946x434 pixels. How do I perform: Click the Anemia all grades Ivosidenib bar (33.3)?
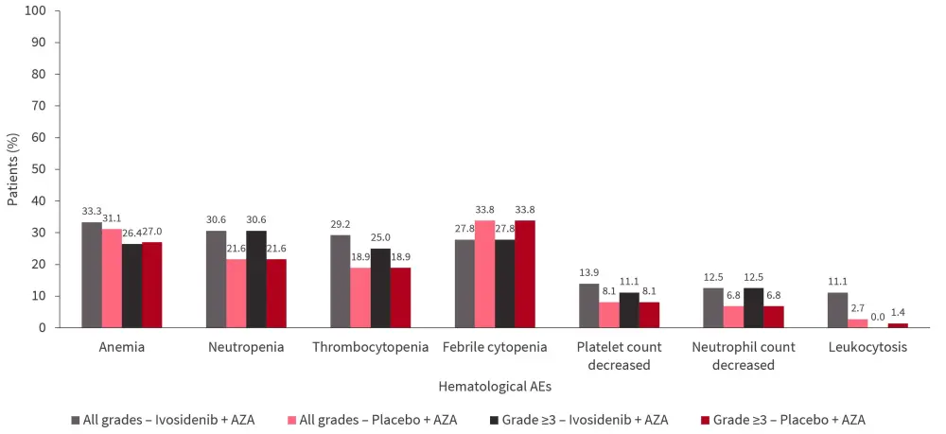click(x=92, y=274)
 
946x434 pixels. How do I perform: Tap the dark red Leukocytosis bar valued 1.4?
click(x=898, y=324)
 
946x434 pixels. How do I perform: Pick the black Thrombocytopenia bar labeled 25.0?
click(x=381, y=287)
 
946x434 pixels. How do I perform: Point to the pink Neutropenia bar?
click(x=236, y=293)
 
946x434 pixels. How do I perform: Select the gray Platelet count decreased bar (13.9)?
click(x=588, y=305)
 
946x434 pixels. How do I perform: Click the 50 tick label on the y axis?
click(x=39, y=169)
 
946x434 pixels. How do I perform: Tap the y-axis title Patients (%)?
click(x=12, y=169)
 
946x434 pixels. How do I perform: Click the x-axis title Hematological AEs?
click(x=495, y=386)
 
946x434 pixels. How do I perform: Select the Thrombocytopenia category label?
click(x=371, y=347)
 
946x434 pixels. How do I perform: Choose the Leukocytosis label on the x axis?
click(x=867, y=347)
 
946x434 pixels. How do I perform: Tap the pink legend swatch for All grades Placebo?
click(x=292, y=419)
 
